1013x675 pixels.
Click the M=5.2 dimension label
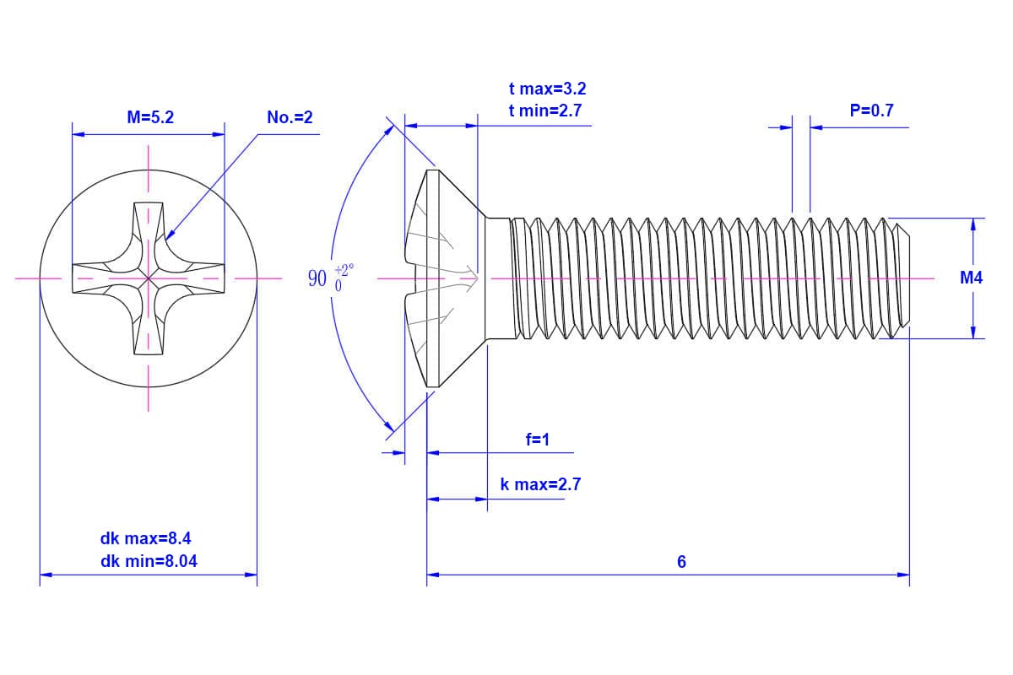pos(150,118)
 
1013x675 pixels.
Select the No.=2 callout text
pos(290,118)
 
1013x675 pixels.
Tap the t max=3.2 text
pos(547,89)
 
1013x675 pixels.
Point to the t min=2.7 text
pos(545,110)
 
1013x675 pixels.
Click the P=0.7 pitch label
pos(871,110)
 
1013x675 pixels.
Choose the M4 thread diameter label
pos(972,278)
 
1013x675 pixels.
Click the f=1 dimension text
pos(537,440)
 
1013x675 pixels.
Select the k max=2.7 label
pos(540,484)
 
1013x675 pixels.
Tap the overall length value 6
pos(681,562)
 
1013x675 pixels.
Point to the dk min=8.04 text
pos(149,560)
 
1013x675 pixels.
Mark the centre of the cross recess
pos(149,278)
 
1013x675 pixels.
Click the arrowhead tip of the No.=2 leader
pos(169,238)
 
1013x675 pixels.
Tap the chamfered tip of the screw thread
pos(903,278)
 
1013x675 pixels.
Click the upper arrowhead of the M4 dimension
pos(973,222)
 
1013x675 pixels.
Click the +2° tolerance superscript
pos(344,270)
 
